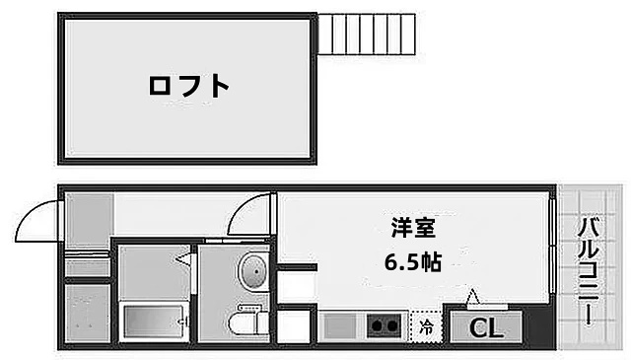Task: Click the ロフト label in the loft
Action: coord(188,86)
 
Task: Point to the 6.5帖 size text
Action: coord(411,261)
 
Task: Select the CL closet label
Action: coord(482,325)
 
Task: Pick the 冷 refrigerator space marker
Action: coord(427,324)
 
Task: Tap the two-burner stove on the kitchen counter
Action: coord(384,324)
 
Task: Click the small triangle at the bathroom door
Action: coord(183,259)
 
